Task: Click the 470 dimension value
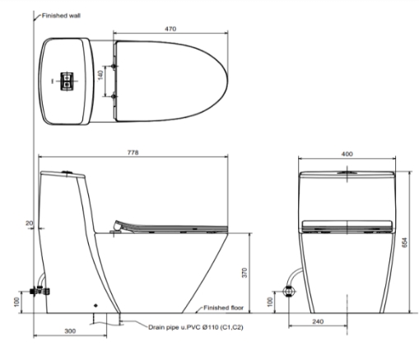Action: [x=170, y=29]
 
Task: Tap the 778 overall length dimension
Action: [x=133, y=152]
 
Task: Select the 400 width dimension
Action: [x=347, y=154]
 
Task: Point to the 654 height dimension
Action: [x=405, y=243]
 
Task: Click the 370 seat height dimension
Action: [x=244, y=273]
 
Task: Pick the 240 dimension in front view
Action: [x=318, y=321]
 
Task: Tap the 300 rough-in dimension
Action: [x=70, y=331]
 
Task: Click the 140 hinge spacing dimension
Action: [x=100, y=75]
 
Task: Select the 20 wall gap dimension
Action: [x=29, y=223]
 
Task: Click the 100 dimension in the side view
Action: [x=16, y=302]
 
